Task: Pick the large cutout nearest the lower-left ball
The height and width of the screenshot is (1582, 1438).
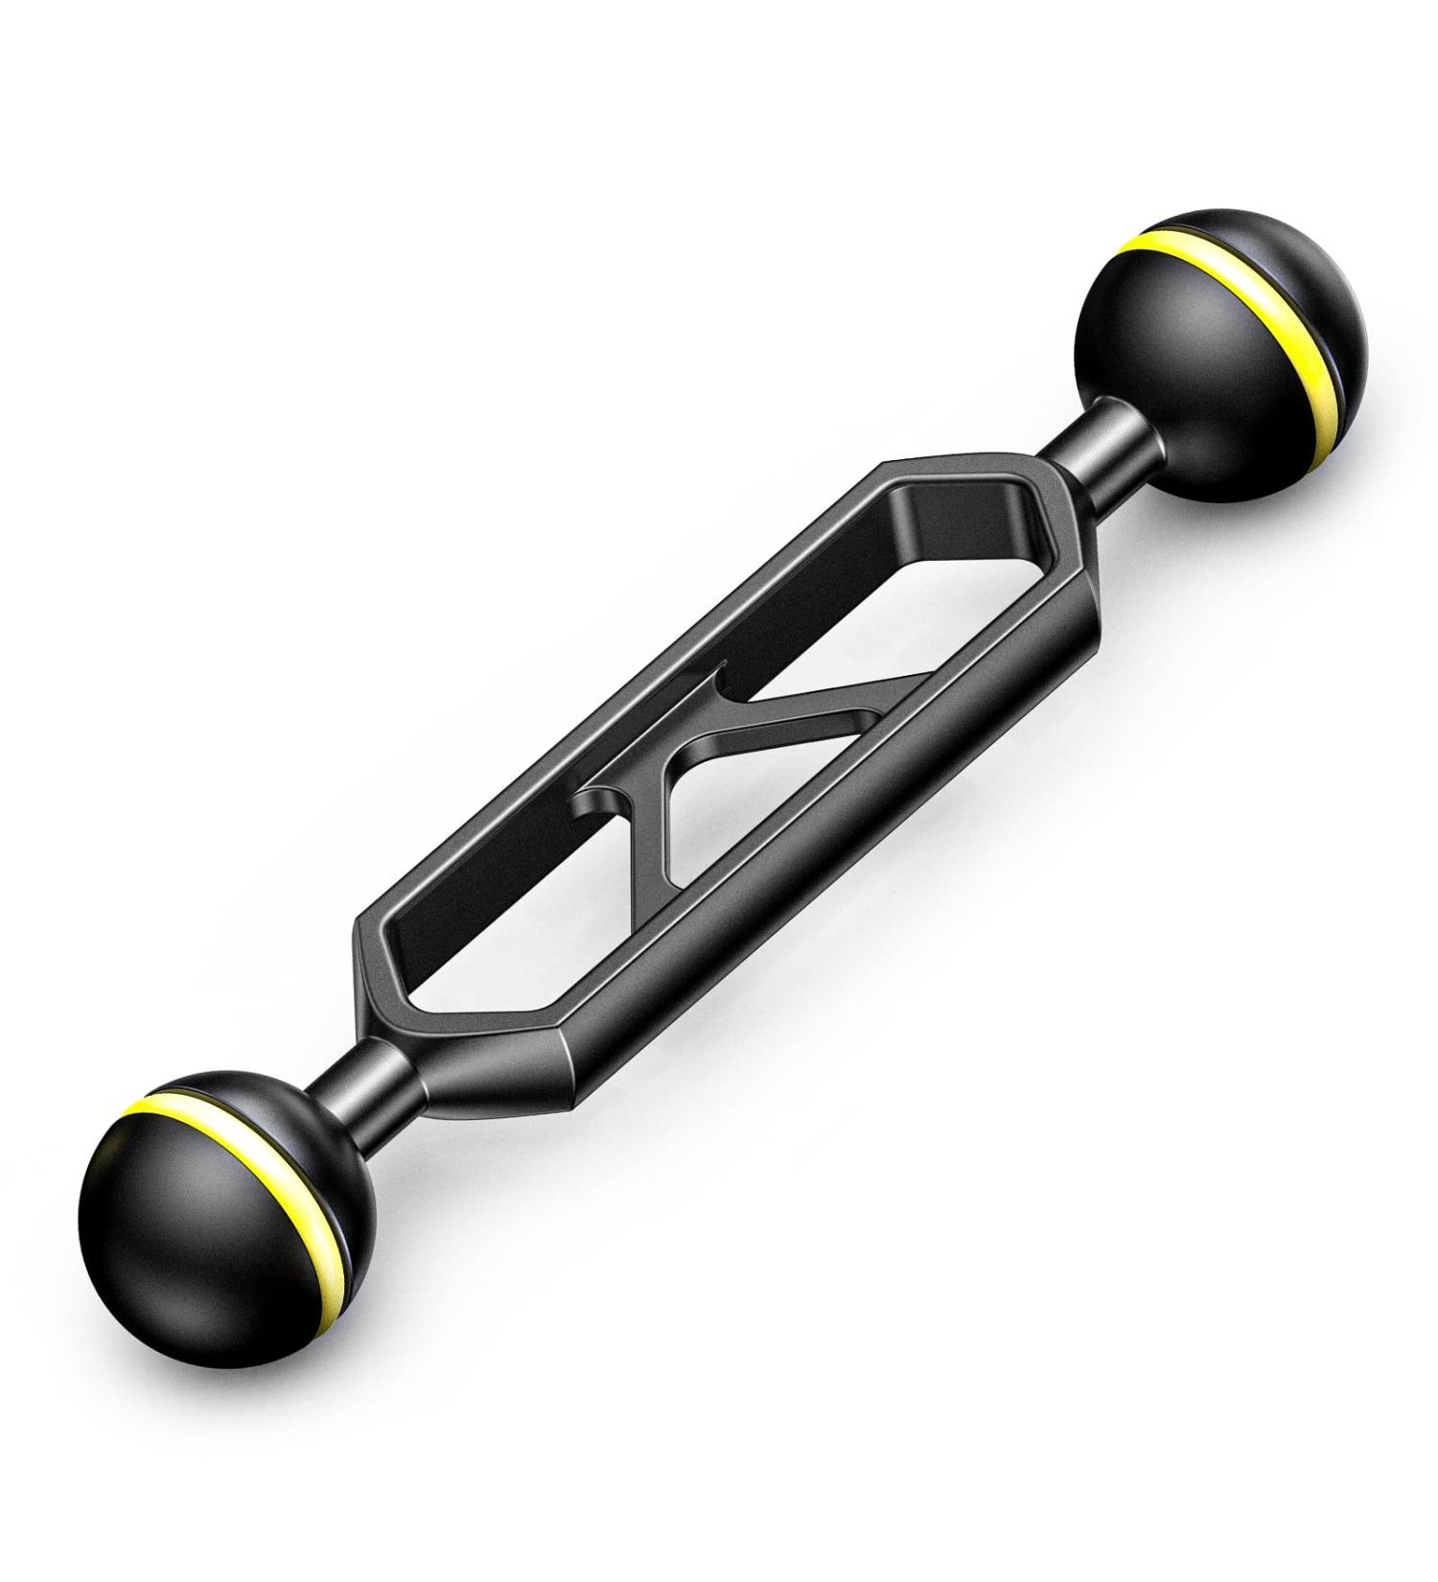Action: point(499,940)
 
